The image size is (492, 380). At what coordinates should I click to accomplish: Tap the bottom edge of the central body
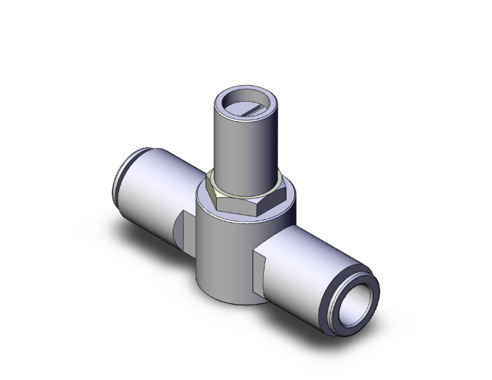coord(228,301)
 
